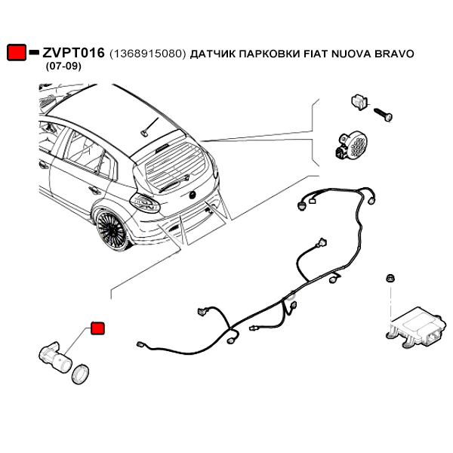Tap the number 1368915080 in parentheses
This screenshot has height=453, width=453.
[147, 54]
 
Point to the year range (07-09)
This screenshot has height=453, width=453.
[63, 66]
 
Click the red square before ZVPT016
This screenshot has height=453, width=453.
[16, 53]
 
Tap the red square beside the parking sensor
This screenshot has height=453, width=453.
[97, 328]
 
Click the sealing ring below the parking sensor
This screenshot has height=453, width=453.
[80, 372]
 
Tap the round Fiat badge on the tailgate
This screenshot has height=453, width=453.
[193, 195]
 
